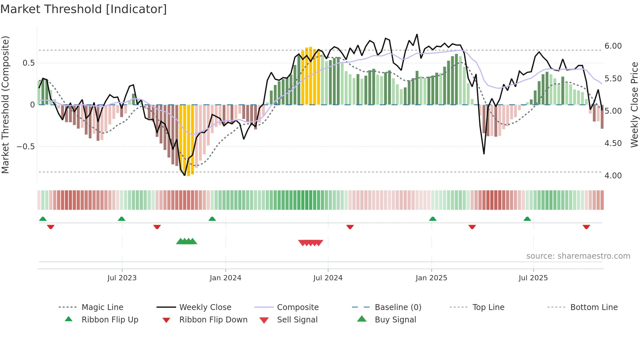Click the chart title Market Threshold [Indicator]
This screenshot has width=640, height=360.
point(84,9)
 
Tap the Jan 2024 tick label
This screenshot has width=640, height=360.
point(225,278)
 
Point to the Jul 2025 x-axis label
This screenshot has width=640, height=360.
point(533,278)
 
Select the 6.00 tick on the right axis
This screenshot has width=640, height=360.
point(613,46)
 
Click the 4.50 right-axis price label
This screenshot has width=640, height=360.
point(613,143)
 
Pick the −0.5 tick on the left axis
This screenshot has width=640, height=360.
point(25,146)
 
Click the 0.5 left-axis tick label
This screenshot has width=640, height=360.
point(28,63)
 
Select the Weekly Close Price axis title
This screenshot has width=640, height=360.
point(634,105)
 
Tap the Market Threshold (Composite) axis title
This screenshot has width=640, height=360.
point(5,105)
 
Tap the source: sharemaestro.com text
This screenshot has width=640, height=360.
point(578,256)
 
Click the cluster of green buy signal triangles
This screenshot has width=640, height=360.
point(186,241)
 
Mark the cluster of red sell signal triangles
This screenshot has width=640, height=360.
point(311,243)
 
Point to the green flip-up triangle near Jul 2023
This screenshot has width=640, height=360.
point(121,219)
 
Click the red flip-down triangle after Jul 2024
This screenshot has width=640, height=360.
point(350,227)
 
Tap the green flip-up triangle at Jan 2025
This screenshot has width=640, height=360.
point(433,219)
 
